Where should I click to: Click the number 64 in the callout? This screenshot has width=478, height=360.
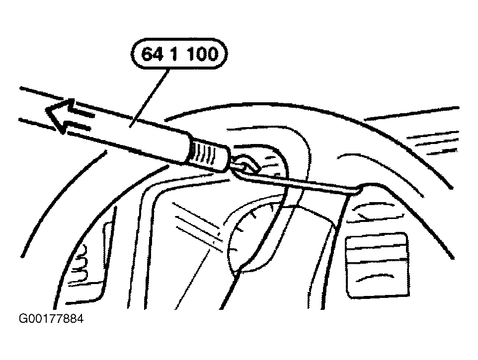153,54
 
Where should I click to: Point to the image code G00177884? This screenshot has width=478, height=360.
51,319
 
